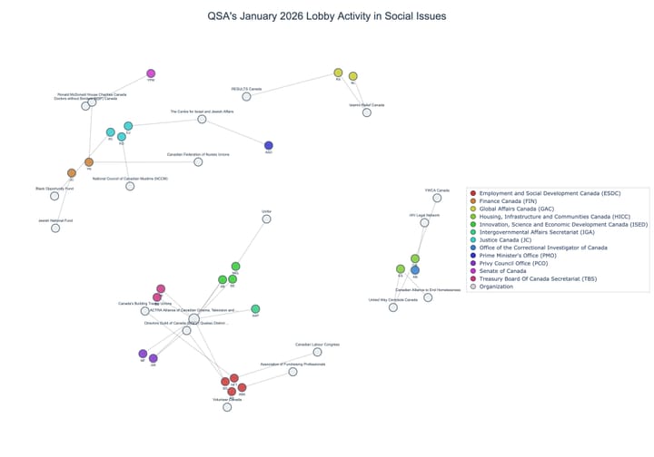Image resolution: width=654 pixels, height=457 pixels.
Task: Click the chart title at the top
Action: pos(327,15)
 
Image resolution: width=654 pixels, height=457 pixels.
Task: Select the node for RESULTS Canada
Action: pos(246,96)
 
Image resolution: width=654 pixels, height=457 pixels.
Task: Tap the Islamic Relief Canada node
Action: pos(367,112)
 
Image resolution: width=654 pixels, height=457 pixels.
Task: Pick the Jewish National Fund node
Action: pos(55,228)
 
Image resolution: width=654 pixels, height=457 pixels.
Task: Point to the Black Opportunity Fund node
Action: pos(54,196)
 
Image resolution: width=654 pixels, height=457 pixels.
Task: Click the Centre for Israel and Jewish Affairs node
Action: pos(203,119)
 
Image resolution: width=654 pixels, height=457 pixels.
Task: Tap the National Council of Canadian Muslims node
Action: pos(130,186)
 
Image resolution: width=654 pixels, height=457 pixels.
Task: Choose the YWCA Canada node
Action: pos(437,198)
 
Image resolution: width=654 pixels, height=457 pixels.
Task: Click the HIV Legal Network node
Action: pos(424,222)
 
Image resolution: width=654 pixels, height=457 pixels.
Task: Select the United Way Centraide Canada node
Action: pos(393,307)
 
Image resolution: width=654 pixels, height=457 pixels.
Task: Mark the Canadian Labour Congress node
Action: pos(317,352)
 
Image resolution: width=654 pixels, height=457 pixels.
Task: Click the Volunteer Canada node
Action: pos(227,407)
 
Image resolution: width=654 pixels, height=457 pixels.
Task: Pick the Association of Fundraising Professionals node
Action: pos(292,372)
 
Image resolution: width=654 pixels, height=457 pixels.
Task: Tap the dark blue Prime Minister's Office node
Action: pos(268,145)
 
